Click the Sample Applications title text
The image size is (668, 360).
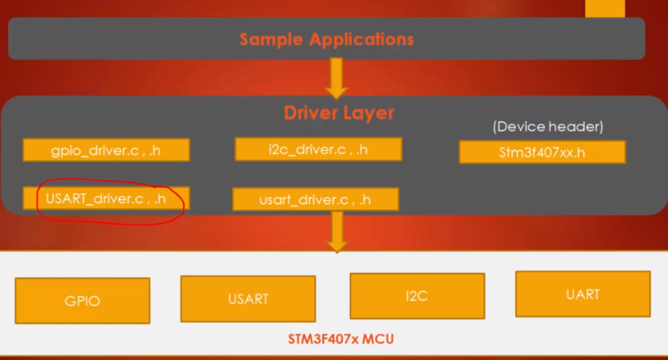coord(326,39)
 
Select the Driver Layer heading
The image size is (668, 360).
coord(339,113)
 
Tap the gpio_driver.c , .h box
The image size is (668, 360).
coord(106,150)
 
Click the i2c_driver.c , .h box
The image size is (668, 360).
coord(318,149)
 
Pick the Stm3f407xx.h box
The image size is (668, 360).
coord(542,153)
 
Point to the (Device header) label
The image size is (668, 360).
coord(548,127)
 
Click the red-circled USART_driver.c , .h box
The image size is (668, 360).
coord(106,198)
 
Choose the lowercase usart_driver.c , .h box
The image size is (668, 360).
coord(315,199)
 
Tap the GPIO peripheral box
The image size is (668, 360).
coord(82,301)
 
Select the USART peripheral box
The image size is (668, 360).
coord(248,299)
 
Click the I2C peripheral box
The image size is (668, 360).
coord(417,296)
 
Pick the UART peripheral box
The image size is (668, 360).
coord(583,294)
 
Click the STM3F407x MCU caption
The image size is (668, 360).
coord(341,339)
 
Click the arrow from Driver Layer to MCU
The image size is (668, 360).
coord(337,232)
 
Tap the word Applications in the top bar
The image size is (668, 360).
coord(361,39)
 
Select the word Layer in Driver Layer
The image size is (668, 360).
coord(368,113)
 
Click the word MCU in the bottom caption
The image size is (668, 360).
coord(380,339)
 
